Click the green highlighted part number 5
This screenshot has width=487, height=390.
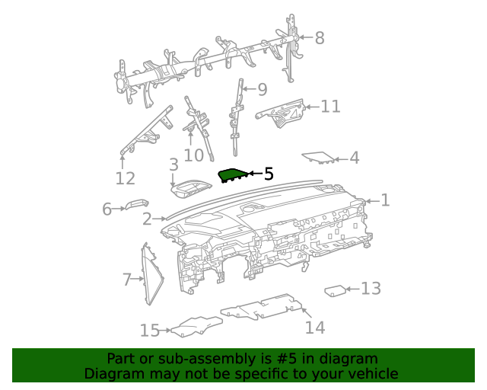(x=233, y=176)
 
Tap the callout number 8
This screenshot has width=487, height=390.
(x=319, y=37)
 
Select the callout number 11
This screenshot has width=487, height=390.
(x=330, y=106)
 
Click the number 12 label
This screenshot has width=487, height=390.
(x=125, y=178)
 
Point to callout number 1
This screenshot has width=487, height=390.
(x=385, y=200)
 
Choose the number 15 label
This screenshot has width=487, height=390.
(x=149, y=330)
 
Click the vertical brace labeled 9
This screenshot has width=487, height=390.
(x=237, y=110)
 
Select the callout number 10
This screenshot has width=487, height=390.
(x=194, y=155)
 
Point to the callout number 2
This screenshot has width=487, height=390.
(x=147, y=219)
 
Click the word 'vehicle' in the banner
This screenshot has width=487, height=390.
(x=371, y=373)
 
